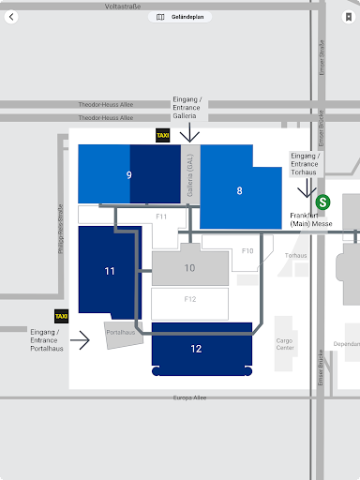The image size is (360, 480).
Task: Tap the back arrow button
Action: tap(11, 17)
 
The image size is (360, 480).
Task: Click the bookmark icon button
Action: tap(349, 17)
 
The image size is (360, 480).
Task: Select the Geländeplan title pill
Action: tap(180, 17)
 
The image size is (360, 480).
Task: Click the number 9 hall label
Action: tap(129, 175)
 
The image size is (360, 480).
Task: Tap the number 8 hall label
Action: tap(239, 190)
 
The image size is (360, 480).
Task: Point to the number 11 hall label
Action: tap(110, 271)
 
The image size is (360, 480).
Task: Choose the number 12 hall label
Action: tap(196, 349)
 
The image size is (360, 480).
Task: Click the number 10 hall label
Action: tap(189, 268)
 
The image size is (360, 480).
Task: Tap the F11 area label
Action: tap(161, 217)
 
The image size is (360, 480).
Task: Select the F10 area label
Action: tap(247, 251)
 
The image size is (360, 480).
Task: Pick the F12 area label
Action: tap(190, 299)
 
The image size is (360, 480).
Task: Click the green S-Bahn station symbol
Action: tap(322, 202)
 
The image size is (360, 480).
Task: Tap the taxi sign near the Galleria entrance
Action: tap(163, 135)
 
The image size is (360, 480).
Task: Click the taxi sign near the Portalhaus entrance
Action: tap(61, 316)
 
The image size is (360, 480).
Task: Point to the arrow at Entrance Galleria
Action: tap(189, 132)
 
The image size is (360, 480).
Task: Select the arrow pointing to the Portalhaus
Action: tap(80, 340)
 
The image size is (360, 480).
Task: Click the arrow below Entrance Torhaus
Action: tap(307, 188)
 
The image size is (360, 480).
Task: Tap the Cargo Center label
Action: tap(285, 344)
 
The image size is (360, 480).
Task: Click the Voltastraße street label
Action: tap(123, 7)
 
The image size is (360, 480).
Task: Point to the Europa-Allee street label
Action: tap(189, 397)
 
